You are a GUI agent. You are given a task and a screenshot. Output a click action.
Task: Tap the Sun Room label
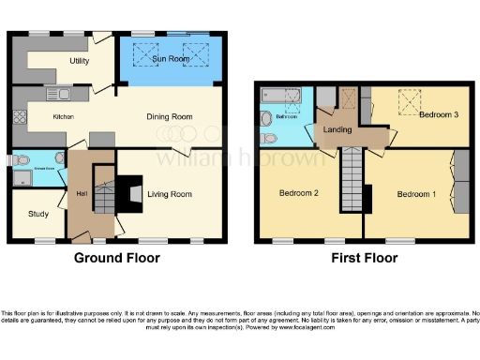(x=170, y=60)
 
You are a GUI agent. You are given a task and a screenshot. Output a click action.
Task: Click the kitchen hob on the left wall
(x=18, y=118)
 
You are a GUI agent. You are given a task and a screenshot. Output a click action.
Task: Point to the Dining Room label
(x=169, y=116)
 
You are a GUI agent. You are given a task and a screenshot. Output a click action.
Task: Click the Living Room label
(x=169, y=194)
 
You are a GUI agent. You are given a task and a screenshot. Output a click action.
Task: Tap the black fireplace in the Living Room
(x=135, y=194)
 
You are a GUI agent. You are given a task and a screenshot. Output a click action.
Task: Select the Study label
(x=38, y=214)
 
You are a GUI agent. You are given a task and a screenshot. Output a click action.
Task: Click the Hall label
(x=81, y=194)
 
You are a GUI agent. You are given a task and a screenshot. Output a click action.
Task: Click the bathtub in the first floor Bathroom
(x=277, y=96)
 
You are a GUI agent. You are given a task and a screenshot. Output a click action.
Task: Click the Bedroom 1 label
(x=415, y=194)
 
